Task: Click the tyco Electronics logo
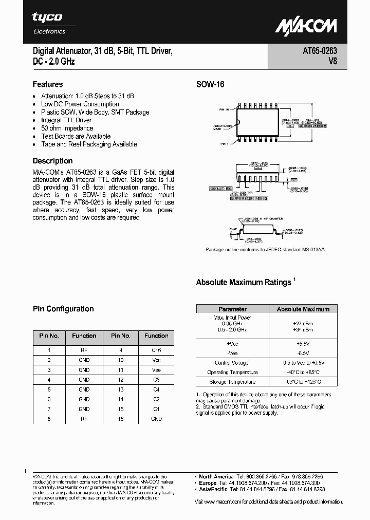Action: pos(48,23)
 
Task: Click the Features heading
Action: pos(48,84)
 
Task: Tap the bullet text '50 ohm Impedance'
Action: pos(67,128)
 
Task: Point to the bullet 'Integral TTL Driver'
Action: pos(66,120)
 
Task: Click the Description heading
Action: pos(53,161)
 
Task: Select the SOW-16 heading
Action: pos(210,85)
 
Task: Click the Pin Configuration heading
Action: pos(63,309)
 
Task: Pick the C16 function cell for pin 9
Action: pos(156,349)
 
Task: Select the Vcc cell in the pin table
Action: pos(156,360)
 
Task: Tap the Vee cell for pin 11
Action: pos(156,369)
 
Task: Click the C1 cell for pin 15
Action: pos(156,409)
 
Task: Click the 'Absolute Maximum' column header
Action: pos(303,309)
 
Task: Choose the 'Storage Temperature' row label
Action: pos(232,382)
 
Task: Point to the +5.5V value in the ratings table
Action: pos(303,343)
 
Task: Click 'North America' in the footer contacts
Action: pos(216,477)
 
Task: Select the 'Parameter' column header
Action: pos(232,309)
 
